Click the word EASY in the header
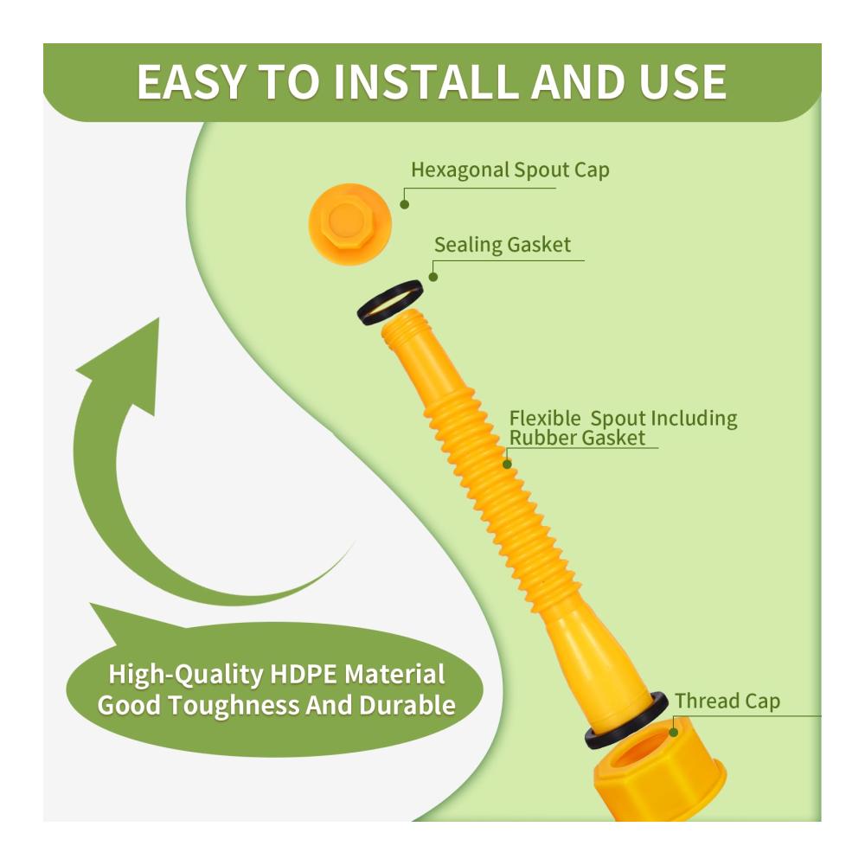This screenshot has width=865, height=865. pos(190,81)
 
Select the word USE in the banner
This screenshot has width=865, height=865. pos(682,81)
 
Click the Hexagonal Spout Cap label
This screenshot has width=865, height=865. pos(510,170)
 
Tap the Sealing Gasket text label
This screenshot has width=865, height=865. pos(502,245)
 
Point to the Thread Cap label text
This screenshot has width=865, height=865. pos(727,702)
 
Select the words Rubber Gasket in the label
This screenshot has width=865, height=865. pos(576,438)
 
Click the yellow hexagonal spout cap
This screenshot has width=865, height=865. pos(349,224)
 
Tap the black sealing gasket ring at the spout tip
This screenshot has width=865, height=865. pos(390,302)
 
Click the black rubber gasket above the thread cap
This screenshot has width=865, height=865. pos(626,718)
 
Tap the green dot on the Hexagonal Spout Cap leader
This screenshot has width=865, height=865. pos(404,205)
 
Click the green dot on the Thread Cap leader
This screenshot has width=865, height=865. pos(674,733)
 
